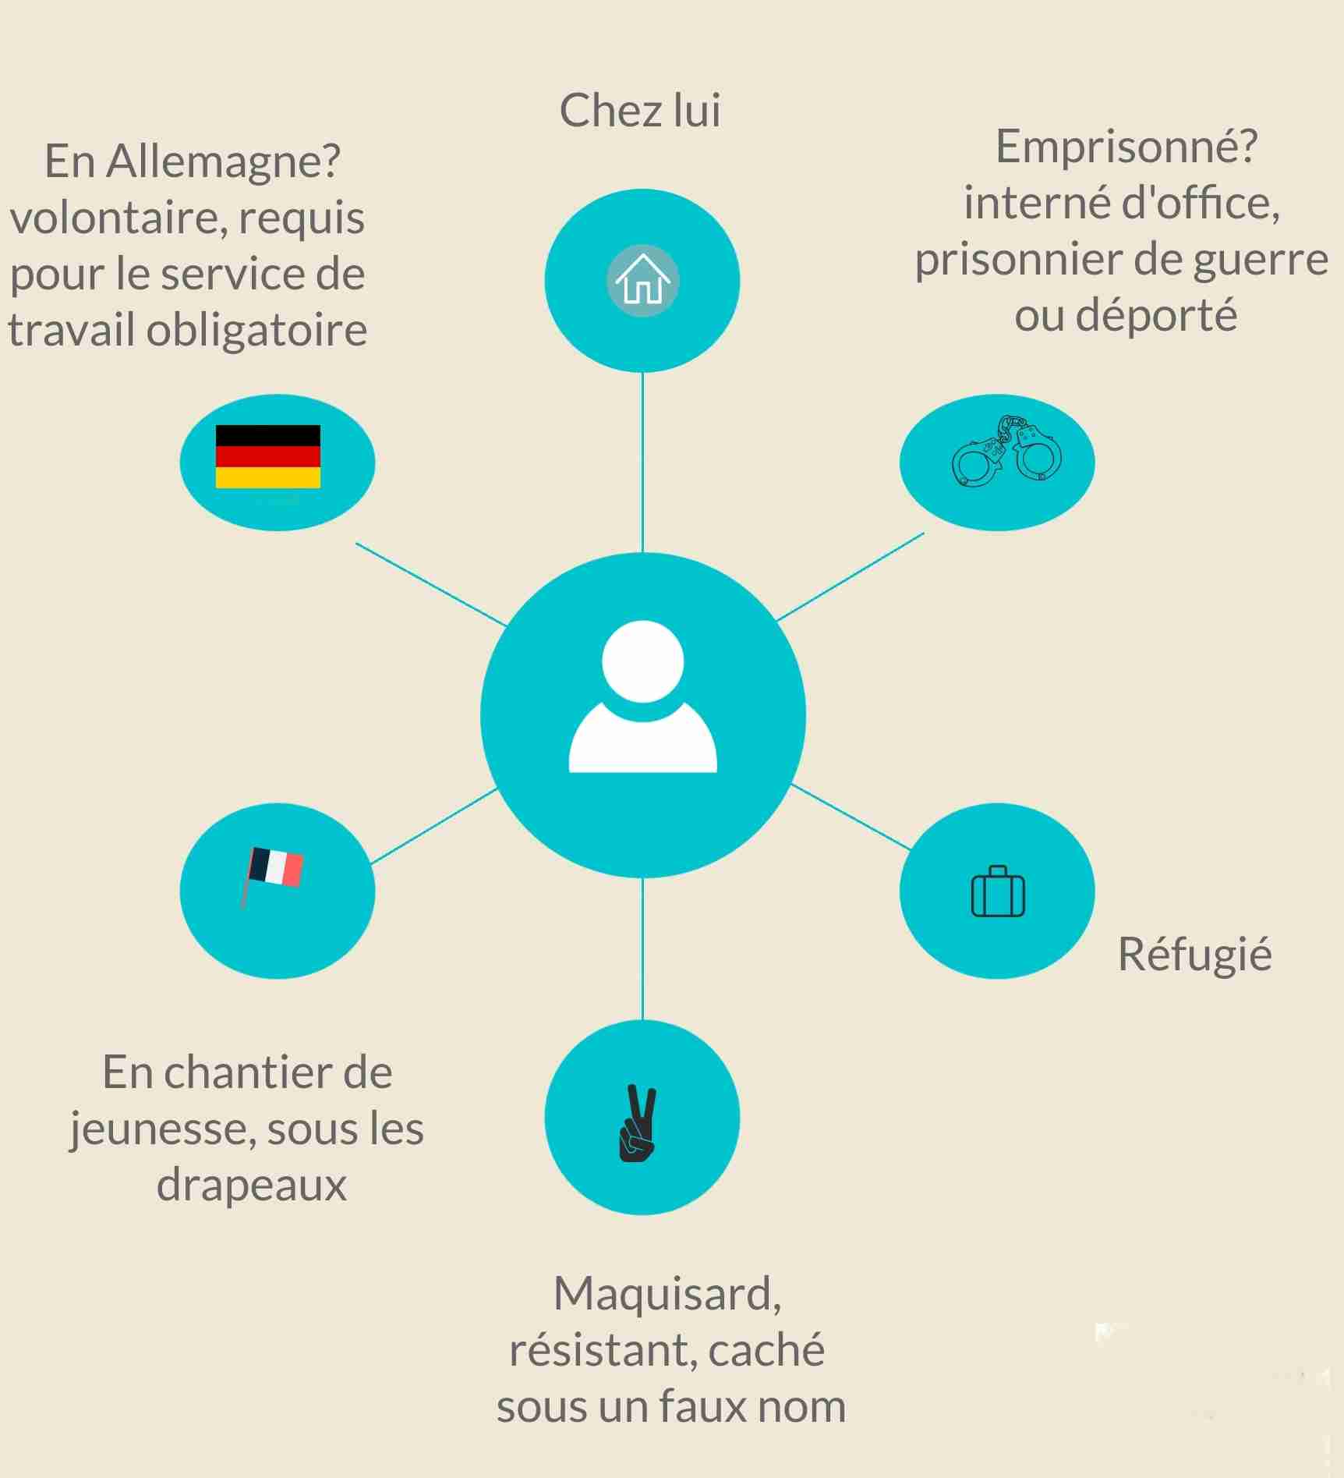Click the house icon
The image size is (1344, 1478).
pos(643,280)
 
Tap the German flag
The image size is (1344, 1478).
pos(267,456)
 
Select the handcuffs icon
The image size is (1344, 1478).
pos(1006,451)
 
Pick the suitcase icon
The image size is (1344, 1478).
pos(998,891)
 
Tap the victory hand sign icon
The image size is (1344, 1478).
pos(638,1123)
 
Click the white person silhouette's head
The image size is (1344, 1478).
pos(643,661)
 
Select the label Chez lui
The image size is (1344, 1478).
pos(640,110)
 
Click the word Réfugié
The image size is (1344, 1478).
pos(1194,955)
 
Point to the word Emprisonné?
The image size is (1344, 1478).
pos(1126,147)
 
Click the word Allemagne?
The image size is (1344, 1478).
pos(223,161)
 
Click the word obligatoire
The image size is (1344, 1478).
pos(256,330)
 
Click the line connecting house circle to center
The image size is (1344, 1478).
pos(642,463)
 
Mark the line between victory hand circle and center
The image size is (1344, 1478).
pos(642,948)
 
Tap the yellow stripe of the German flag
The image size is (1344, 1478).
pos(267,477)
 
